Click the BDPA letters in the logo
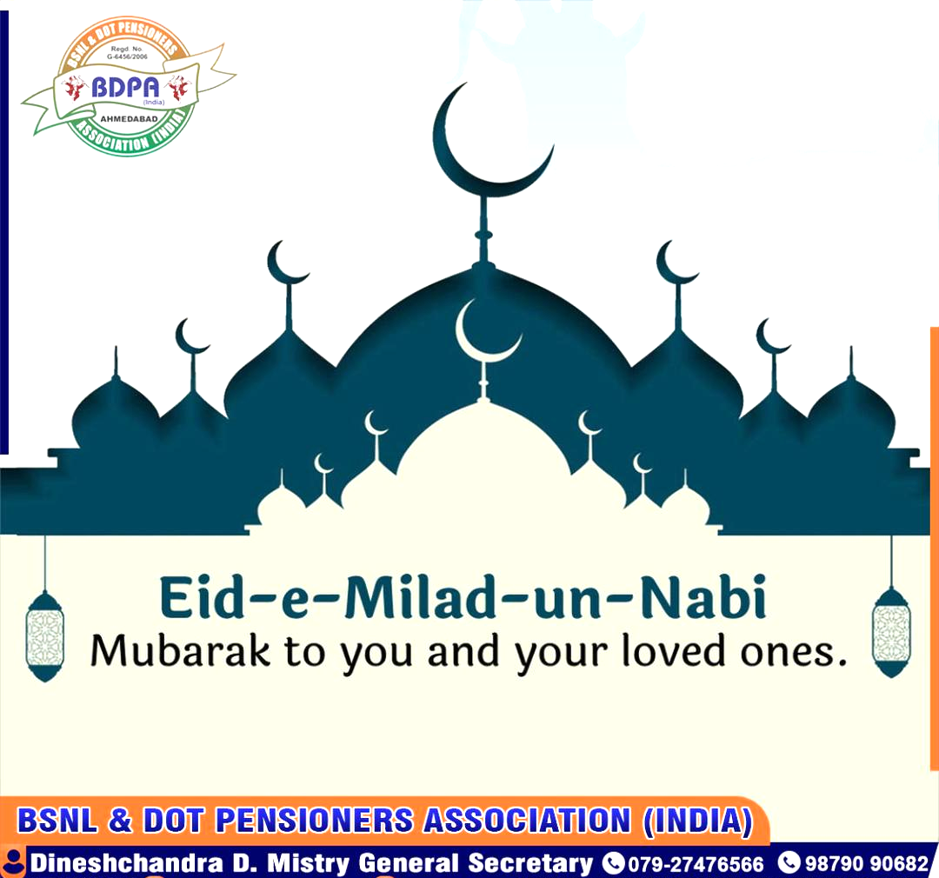(126, 88)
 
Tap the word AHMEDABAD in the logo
(129, 118)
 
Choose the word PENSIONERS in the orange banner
(315, 820)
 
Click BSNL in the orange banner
(57, 820)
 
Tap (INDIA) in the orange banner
(697, 821)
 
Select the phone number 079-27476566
(696, 864)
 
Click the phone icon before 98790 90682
(789, 862)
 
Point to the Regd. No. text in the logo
(127, 52)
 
